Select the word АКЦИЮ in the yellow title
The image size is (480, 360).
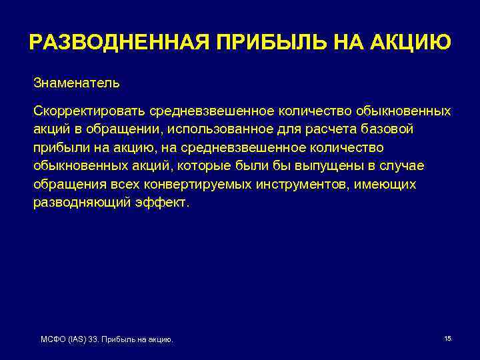click(411, 43)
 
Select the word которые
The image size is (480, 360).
click(200, 165)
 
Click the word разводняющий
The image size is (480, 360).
click(75, 203)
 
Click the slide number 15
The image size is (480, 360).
click(447, 339)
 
